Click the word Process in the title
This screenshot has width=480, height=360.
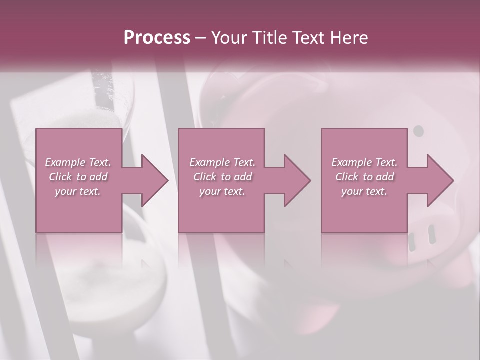157,38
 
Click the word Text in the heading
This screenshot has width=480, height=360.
308,38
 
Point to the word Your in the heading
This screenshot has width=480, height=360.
229,38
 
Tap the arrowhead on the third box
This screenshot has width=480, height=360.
439,180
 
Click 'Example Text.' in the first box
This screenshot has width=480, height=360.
78,162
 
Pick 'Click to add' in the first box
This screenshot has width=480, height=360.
78,177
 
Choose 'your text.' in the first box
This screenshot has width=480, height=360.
78,191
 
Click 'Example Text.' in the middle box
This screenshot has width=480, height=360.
222,162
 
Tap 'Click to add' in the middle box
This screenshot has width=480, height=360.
223,177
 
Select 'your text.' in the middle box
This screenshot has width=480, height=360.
222,191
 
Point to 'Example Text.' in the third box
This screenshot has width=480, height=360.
364,162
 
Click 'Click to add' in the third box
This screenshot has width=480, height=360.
365,177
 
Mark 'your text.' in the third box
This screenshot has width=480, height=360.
364,191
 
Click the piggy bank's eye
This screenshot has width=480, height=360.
419,131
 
